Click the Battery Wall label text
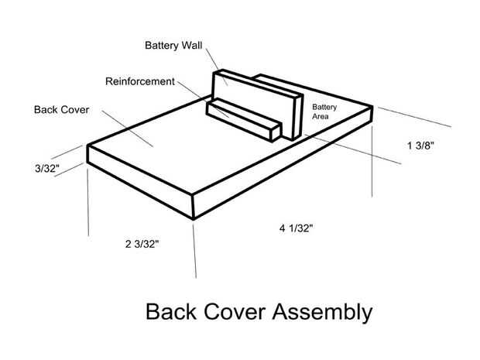173,46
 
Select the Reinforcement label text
140,81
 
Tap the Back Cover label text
61,110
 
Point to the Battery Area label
324,111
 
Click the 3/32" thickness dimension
47,168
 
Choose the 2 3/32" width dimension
142,244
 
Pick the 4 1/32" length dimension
296,228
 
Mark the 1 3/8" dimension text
420,146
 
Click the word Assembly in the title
322,313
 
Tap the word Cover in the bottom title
235,312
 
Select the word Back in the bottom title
171,312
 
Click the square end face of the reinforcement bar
276,132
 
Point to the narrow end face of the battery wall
297,117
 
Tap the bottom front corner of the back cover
194,219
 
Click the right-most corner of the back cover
372,107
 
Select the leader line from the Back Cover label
127,129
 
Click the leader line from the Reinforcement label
204,100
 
